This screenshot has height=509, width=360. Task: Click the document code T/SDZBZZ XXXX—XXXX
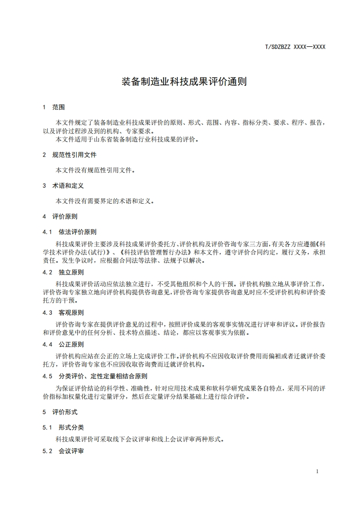(x=295, y=46)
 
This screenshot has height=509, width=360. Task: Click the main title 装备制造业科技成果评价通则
(x=184, y=82)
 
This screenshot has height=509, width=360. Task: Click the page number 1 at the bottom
(x=317, y=471)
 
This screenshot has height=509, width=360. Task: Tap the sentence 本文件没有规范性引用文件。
(x=95, y=170)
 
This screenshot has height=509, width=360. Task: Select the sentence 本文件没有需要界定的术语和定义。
(x=105, y=201)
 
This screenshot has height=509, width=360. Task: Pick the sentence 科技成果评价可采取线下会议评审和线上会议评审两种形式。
(x=140, y=439)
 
